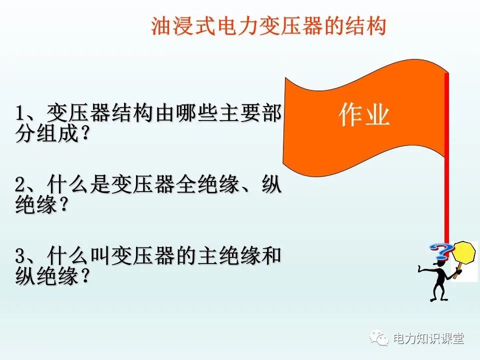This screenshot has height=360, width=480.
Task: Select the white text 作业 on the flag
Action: pyautogui.click(x=364, y=115)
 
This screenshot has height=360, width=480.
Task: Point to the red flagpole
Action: pyautogui.click(x=446, y=160)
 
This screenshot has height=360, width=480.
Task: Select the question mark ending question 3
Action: pyautogui.click(x=84, y=276)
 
